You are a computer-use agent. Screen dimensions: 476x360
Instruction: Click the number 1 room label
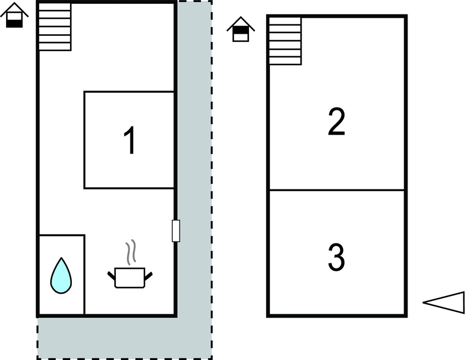[x=129, y=140]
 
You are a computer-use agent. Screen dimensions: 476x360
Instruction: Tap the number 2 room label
[x=337, y=121]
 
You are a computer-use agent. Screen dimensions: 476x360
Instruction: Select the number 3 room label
[x=337, y=257]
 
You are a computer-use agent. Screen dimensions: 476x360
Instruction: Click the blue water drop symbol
[x=61, y=276]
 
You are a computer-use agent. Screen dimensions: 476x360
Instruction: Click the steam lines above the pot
[x=131, y=252]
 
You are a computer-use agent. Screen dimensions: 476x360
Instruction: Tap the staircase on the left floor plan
[x=55, y=27]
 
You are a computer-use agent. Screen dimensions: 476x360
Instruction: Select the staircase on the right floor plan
[x=285, y=41]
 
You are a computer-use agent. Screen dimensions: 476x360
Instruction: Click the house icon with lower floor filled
[x=14, y=15]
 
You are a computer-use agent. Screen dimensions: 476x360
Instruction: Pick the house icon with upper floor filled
[x=241, y=29]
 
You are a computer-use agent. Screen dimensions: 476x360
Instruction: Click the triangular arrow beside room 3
[x=443, y=303]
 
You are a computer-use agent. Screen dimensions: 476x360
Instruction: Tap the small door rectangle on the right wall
[x=176, y=231]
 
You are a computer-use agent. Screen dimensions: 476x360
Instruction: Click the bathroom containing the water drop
[x=62, y=275]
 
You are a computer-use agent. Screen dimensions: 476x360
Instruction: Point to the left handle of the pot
[x=112, y=276]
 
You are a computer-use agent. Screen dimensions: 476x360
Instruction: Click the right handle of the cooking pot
[x=149, y=276]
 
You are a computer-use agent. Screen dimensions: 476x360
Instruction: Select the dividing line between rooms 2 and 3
[x=337, y=190]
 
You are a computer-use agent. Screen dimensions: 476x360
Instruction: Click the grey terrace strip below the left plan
[x=124, y=337]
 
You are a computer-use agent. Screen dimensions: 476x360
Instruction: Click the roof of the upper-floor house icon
[x=241, y=24]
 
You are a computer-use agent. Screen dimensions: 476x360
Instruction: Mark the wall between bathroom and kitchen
[x=84, y=275]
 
